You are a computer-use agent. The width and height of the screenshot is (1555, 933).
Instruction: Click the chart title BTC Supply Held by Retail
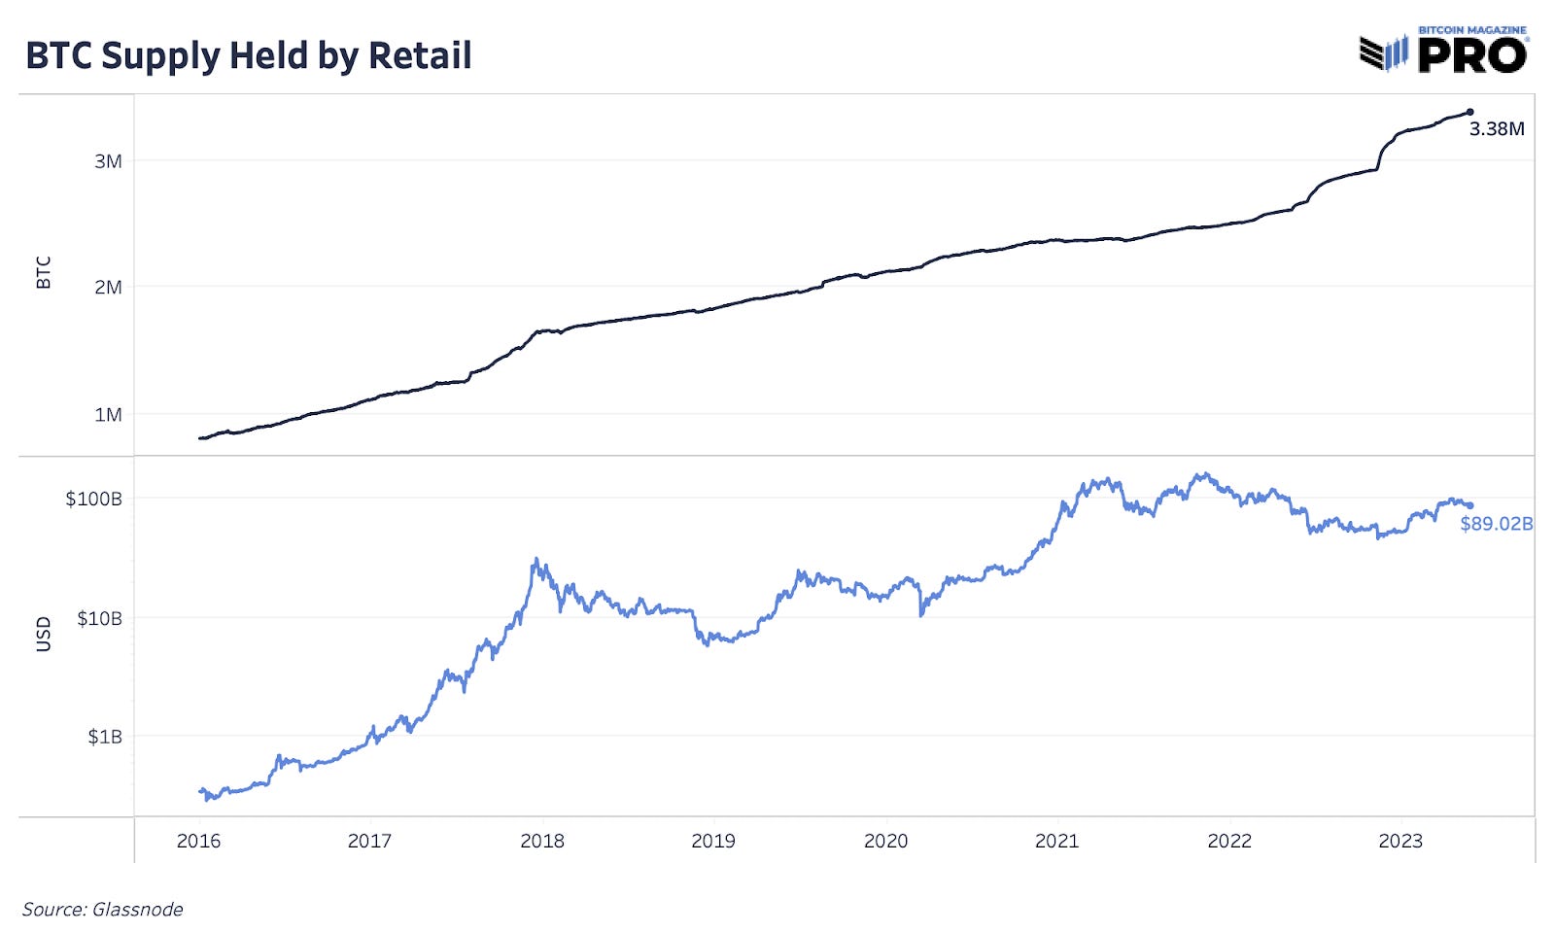(x=249, y=55)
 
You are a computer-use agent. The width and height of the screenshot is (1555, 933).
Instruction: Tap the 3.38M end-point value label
(x=1496, y=129)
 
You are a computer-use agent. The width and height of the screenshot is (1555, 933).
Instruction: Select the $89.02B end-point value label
(x=1496, y=524)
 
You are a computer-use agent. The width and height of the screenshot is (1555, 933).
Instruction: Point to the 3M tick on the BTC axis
(x=108, y=161)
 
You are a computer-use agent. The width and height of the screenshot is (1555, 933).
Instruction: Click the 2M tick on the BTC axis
(x=108, y=287)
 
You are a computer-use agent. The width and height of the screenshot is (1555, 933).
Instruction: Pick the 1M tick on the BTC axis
(x=108, y=415)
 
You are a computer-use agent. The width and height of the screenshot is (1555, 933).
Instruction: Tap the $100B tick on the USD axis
(x=93, y=499)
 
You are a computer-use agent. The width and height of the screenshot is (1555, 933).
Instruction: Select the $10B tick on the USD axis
(x=99, y=618)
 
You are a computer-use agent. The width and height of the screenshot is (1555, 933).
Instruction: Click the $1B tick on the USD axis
(x=105, y=737)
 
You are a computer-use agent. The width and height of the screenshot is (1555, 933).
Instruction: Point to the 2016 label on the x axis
(x=198, y=842)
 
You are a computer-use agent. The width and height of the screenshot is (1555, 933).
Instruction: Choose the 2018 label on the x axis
(x=541, y=842)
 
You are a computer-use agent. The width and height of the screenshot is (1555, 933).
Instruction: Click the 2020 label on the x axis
(x=885, y=842)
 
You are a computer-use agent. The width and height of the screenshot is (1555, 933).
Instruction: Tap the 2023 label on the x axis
(x=1400, y=842)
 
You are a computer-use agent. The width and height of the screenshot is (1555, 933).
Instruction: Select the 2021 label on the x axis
(x=1056, y=842)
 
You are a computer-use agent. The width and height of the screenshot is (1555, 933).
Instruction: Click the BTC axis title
(x=44, y=273)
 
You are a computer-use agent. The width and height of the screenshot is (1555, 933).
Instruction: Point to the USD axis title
(x=44, y=634)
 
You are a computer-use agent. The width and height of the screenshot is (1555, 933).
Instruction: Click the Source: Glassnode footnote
(x=102, y=910)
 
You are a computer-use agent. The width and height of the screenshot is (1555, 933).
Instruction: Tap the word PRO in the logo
(x=1472, y=55)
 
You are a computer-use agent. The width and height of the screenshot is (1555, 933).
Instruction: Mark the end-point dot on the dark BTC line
(x=1469, y=113)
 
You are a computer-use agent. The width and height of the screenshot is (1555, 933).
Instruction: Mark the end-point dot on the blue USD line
(x=1469, y=505)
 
